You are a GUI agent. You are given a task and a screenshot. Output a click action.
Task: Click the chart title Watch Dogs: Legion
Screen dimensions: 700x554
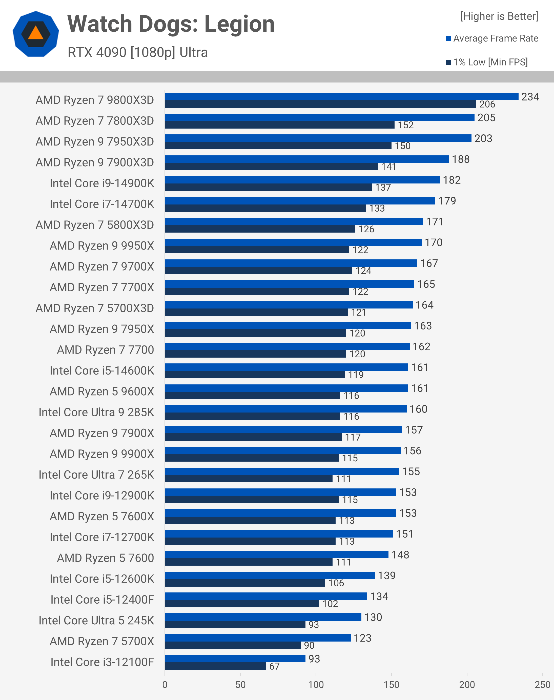[x=171, y=24]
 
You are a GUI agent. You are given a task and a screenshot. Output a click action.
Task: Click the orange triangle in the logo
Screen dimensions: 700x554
[x=36, y=33]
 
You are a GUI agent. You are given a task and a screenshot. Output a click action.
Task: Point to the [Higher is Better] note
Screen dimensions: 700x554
[x=499, y=16]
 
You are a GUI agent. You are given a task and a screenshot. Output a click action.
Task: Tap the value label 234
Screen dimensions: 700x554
[x=530, y=97]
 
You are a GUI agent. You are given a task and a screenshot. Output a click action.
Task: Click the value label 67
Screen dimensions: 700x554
[x=274, y=666]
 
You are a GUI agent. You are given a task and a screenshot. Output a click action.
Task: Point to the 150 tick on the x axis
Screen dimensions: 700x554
[x=392, y=684]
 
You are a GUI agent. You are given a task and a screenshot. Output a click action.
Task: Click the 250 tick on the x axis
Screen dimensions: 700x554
[x=542, y=684]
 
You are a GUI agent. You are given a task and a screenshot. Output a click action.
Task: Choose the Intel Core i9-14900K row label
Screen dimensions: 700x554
[x=102, y=183]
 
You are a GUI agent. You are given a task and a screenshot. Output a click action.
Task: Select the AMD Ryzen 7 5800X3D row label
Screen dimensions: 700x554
[x=95, y=225]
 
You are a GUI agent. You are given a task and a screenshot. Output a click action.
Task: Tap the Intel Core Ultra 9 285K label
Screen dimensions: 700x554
[x=96, y=412]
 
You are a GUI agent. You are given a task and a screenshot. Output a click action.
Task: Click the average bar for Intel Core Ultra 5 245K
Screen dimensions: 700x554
[x=263, y=617]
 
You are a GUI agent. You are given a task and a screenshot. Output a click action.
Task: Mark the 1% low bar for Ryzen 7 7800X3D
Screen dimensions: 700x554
[x=280, y=125]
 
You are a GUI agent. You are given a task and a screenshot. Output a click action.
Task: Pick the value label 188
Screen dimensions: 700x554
[x=461, y=159]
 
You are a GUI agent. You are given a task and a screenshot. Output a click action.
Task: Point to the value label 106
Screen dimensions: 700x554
[x=336, y=583]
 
